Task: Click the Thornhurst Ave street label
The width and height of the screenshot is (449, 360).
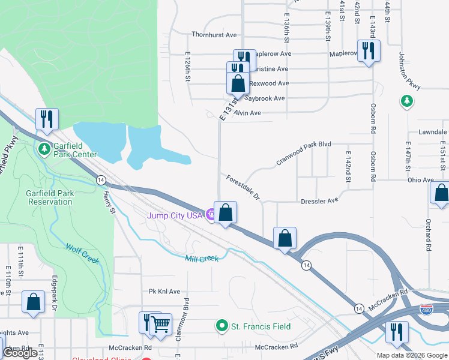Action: (214, 35)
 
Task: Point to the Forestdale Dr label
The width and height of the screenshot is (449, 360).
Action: (243, 188)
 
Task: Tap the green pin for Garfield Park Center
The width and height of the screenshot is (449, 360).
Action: (44, 148)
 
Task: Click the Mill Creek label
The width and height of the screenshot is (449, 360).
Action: (202, 258)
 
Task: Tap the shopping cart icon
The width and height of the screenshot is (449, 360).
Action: (160, 325)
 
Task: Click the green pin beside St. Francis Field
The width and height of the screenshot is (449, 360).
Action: (222, 326)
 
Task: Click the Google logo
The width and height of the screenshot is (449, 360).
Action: (20, 353)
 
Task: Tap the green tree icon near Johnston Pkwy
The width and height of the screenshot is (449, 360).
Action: (407, 102)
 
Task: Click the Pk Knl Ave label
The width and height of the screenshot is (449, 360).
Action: (164, 292)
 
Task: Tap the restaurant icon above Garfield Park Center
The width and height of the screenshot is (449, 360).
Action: (46, 119)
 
